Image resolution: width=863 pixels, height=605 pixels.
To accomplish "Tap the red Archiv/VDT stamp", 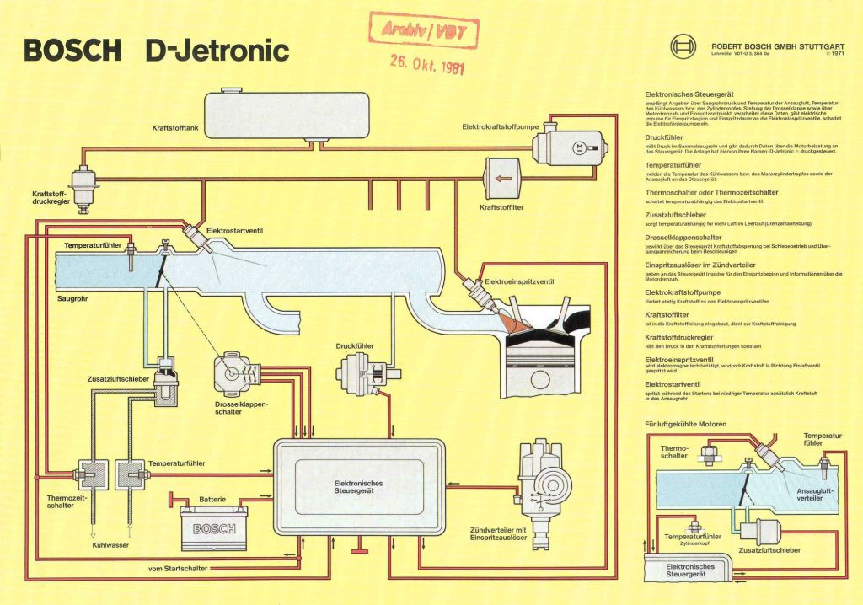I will pyautogui.click(x=418, y=32).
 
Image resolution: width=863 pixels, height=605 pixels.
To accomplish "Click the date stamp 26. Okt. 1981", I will pyautogui.click(x=426, y=62).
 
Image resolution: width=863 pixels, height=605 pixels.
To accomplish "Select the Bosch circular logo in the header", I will pyautogui.click(x=683, y=47).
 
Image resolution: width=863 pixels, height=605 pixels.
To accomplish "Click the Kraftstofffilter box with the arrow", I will pyautogui.click(x=504, y=179).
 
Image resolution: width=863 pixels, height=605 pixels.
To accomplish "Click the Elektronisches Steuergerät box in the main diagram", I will pyautogui.click(x=359, y=487).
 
